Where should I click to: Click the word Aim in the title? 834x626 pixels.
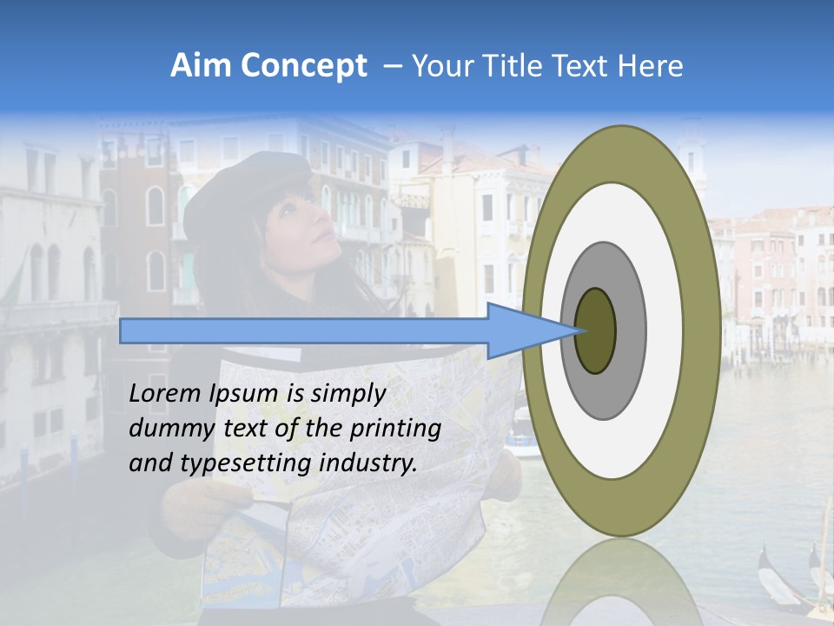[202, 66]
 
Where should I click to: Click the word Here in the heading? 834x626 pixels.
[651, 66]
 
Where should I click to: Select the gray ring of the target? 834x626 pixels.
[630, 330]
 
